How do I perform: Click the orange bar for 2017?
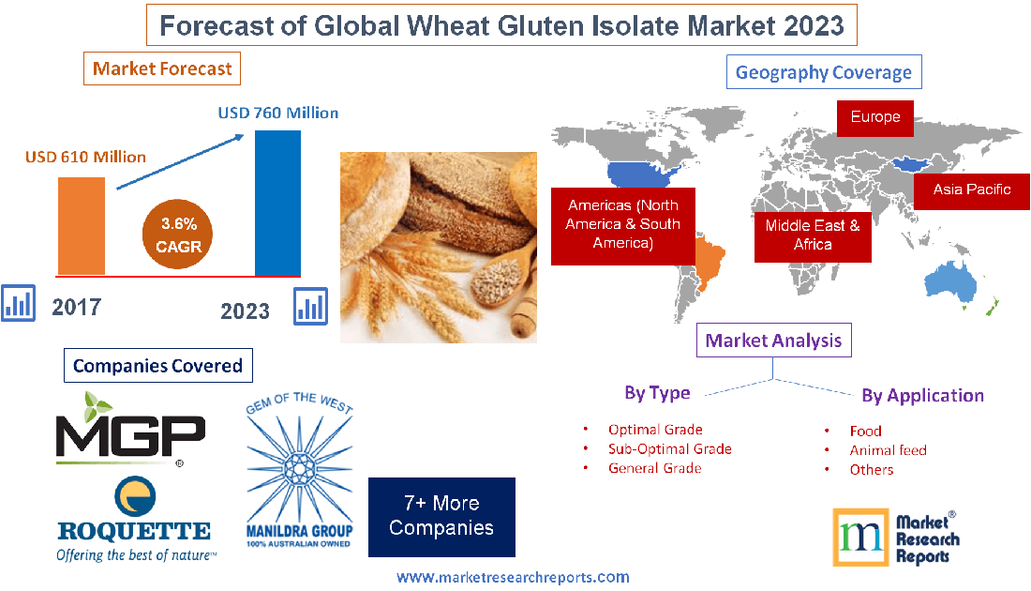(x=82, y=225)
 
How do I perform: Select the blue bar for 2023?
(x=277, y=202)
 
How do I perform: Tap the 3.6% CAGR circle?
(x=179, y=235)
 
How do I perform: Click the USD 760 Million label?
(x=278, y=113)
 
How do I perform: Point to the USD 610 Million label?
(x=85, y=157)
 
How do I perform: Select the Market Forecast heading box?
(x=162, y=68)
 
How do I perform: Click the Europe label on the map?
(x=875, y=117)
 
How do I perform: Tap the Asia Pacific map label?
(x=971, y=189)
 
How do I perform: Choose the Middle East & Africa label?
(x=812, y=235)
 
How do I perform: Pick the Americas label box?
(x=622, y=224)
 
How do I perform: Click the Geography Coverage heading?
(x=824, y=72)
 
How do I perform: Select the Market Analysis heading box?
(x=773, y=340)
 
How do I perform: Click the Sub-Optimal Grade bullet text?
(x=669, y=448)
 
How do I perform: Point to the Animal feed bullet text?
(x=888, y=450)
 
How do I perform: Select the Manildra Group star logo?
(x=299, y=470)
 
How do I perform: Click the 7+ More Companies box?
(x=441, y=517)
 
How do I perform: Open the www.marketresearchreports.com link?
(x=513, y=577)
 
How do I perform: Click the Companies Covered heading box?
(x=157, y=365)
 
